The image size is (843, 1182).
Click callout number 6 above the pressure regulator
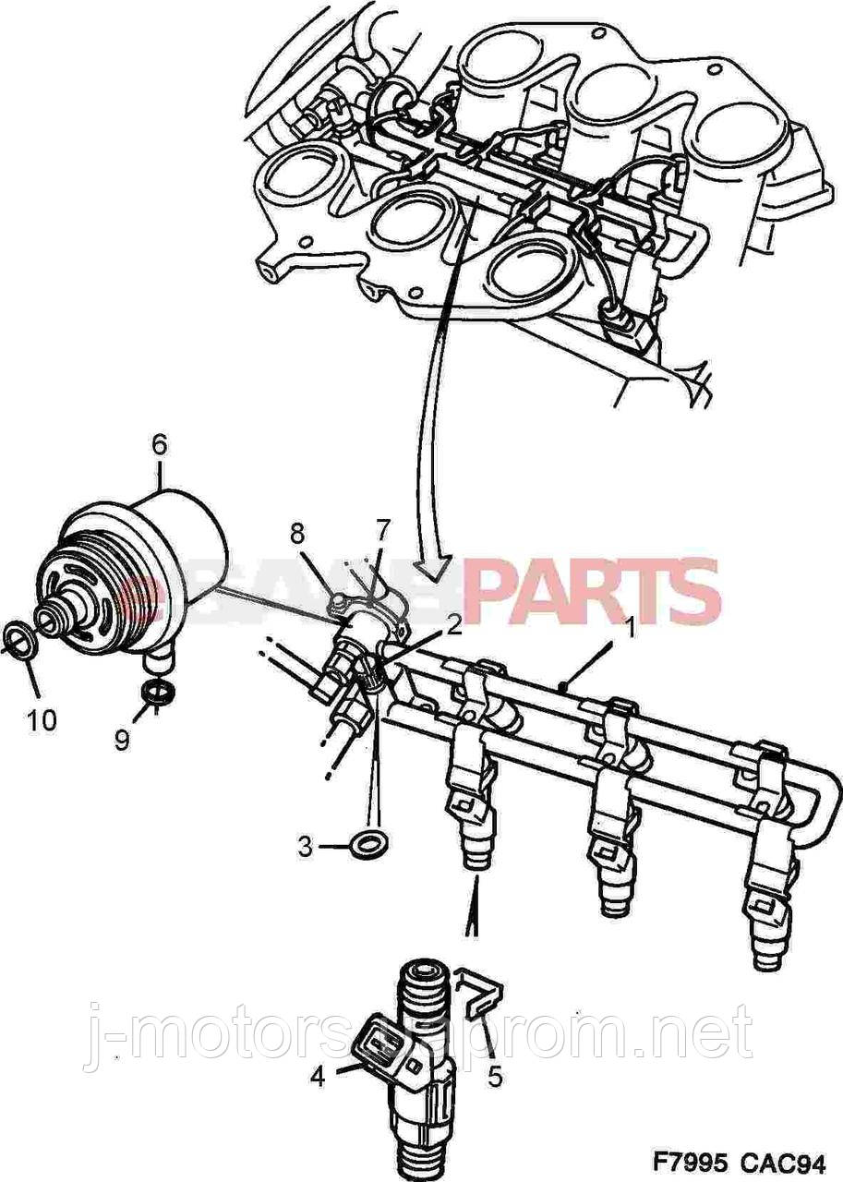[x=159, y=445]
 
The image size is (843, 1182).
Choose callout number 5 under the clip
[x=495, y=1076]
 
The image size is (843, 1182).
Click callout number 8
[x=296, y=533]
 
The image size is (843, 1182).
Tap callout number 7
[x=382, y=529]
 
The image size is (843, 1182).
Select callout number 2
[x=452, y=626]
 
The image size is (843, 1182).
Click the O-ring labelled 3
[x=370, y=842]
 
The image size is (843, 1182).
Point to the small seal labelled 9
[x=158, y=693]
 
